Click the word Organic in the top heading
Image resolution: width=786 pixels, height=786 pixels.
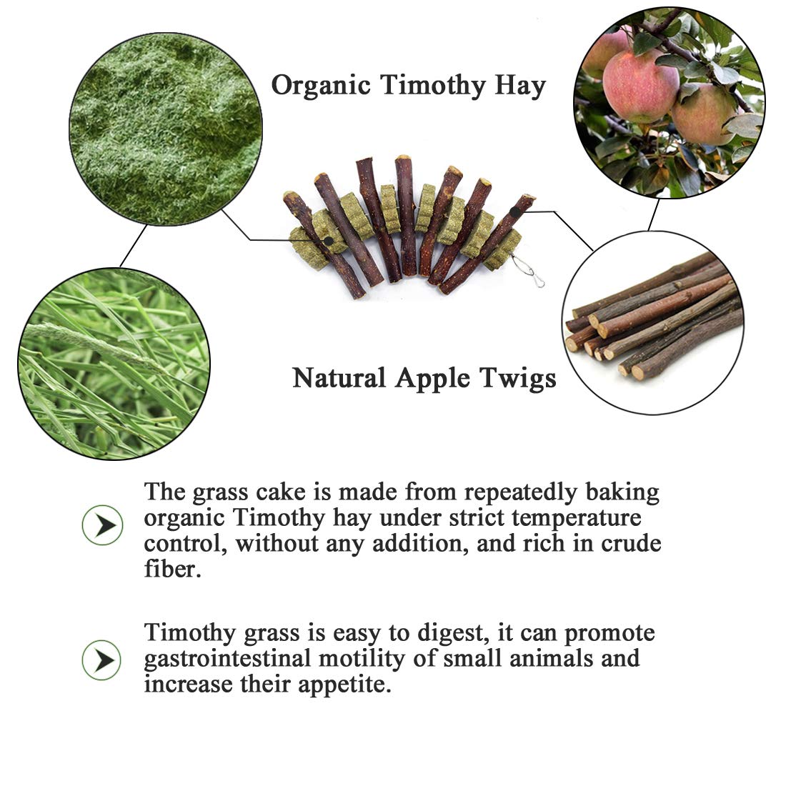[x=320, y=85]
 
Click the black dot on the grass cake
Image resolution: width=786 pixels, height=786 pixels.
[x=329, y=241]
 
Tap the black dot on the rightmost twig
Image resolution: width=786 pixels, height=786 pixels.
[x=515, y=212]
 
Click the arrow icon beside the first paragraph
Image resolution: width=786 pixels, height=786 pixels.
[x=102, y=525]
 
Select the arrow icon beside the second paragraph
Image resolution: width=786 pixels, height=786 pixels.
[x=101, y=660]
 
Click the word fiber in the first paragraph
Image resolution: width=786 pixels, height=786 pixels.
[x=172, y=569]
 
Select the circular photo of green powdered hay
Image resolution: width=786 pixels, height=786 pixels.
[x=166, y=129]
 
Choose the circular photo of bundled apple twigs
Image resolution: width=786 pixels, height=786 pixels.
[x=652, y=323]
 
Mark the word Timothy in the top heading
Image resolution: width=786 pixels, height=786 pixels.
[x=432, y=85]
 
